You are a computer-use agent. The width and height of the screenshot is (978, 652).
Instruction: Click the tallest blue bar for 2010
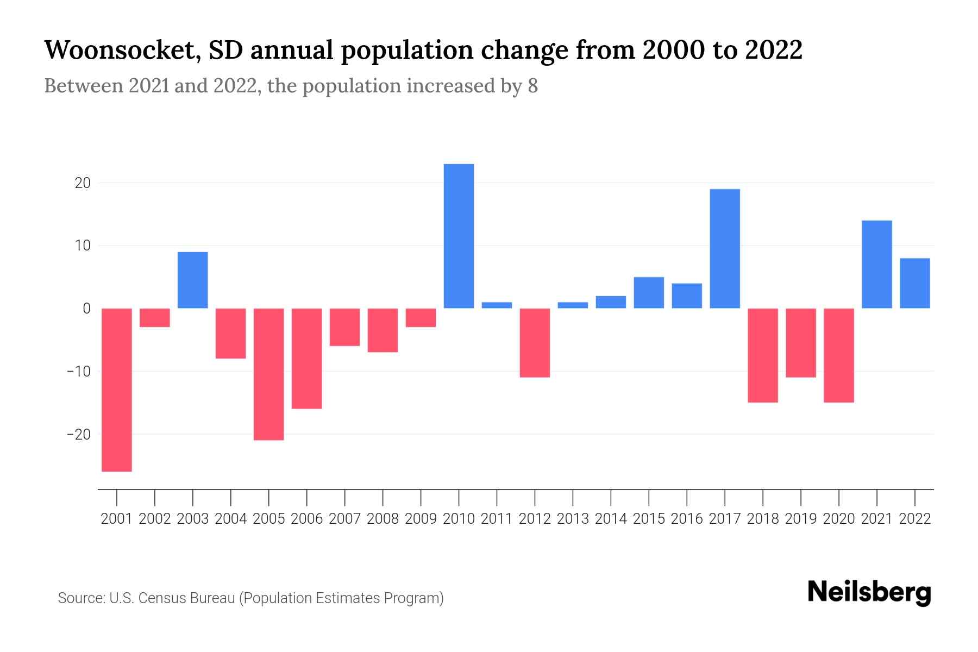point(459,236)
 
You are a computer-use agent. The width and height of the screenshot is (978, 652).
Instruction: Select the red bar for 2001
point(117,390)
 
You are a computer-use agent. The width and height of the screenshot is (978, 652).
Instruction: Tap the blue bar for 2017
point(725,248)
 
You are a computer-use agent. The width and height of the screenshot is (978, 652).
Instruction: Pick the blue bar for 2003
point(193,280)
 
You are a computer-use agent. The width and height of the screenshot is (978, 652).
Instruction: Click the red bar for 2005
point(269,374)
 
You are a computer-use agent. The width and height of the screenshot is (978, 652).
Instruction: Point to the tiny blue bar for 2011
point(497,305)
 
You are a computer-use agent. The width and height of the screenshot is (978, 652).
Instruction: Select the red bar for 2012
point(535,342)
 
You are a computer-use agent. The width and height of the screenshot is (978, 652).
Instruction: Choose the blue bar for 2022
point(915,283)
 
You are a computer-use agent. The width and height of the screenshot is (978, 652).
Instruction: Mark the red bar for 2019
point(801,342)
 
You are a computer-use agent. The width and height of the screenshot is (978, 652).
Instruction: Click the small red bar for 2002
point(155,317)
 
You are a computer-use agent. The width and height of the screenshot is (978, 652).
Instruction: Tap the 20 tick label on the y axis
point(83,183)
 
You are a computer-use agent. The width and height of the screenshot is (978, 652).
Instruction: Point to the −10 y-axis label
point(78,372)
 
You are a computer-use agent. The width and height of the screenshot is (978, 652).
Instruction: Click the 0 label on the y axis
point(86,309)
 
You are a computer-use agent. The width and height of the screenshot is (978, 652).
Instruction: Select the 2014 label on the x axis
point(611,519)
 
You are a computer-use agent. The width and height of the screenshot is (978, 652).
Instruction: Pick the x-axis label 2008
point(383,519)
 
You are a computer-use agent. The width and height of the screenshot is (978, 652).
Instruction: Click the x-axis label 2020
point(839,519)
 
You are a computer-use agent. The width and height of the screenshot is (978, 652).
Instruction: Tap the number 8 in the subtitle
point(532,86)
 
